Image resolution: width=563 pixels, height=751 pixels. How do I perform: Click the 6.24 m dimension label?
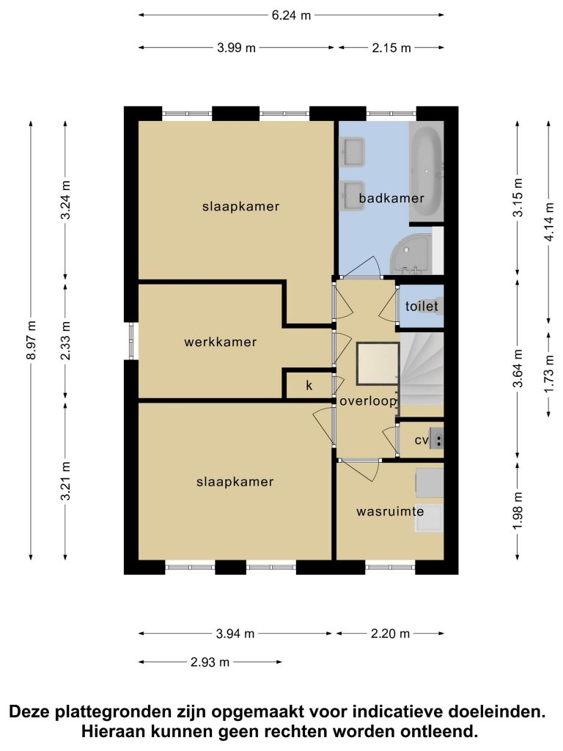click(x=291, y=15)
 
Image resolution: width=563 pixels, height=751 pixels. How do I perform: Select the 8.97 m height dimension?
click(x=32, y=340)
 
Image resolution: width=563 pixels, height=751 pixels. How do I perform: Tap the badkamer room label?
click(x=391, y=198)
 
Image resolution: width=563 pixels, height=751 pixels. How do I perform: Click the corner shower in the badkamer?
click(x=411, y=253)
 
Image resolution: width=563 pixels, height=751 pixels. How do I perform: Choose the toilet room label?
click(x=422, y=306)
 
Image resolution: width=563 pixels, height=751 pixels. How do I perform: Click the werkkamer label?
click(x=220, y=342)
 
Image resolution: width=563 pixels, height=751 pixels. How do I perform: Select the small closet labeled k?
click(x=309, y=385)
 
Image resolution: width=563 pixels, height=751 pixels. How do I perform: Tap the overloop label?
click(x=368, y=401)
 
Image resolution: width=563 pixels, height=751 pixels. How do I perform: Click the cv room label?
click(x=422, y=440)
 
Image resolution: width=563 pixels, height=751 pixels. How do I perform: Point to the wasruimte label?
click(x=390, y=511)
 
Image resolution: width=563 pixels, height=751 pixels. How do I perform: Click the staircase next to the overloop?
click(x=422, y=369)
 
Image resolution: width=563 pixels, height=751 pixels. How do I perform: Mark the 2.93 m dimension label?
click(x=210, y=662)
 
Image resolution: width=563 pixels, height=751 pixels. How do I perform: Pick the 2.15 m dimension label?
click(x=391, y=48)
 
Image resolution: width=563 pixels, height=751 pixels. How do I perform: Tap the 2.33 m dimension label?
click(x=65, y=340)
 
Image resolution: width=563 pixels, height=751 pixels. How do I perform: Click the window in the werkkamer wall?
click(x=131, y=340)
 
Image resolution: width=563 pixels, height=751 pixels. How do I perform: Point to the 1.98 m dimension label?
click(x=517, y=511)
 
